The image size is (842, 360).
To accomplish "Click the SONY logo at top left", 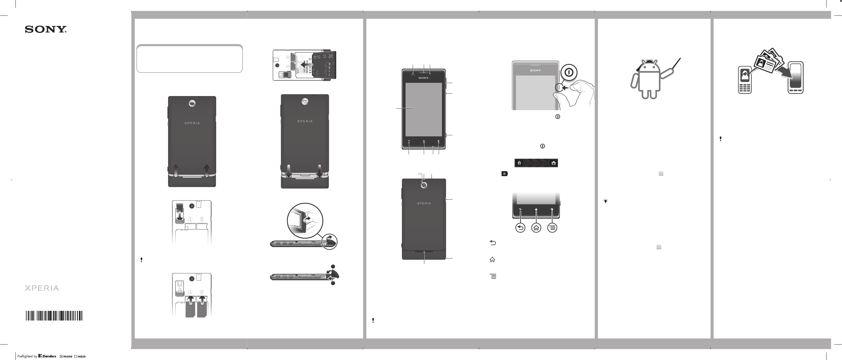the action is coord(46,30).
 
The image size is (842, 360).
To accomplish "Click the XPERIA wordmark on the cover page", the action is coord(42,288).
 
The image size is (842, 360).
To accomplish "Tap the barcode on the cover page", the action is coord(54,316).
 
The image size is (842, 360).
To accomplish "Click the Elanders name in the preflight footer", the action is coord(49,356).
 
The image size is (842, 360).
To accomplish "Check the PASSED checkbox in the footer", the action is coord(61,356).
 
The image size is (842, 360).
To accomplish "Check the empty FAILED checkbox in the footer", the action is coord(76,356).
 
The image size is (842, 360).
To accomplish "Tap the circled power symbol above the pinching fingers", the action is coord(569,72).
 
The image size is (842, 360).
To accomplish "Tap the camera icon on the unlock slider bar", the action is coord(554,163).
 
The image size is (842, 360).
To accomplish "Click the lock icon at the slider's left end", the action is coord(519,163).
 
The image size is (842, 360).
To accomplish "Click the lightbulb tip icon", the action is coord(605,201).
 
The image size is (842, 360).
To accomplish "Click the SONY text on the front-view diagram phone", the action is coord(423,78).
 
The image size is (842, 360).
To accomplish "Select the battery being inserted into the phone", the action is coord(324,65).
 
